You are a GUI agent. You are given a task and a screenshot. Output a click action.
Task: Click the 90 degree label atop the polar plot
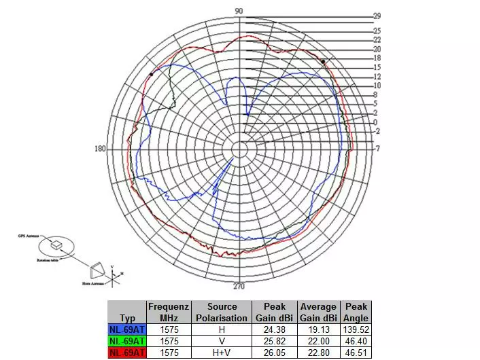[239, 11]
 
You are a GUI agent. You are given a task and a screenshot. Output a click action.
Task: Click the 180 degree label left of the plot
[101, 149]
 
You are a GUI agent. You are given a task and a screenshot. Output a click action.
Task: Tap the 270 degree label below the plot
[239, 286]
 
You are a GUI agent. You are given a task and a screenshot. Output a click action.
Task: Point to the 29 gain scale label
[377, 16]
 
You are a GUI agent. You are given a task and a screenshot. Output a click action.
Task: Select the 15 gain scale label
[377, 67]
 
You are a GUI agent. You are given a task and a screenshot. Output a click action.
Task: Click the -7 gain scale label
[377, 149]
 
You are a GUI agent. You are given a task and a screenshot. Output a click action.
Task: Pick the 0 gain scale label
[375, 122]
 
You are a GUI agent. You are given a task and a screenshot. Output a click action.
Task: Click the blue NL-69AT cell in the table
[126, 329]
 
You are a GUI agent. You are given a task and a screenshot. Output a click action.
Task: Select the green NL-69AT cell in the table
[126, 341]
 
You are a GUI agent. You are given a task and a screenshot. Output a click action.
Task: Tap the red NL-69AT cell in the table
[126, 353]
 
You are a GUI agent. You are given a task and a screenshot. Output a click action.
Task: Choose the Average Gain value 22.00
[318, 341]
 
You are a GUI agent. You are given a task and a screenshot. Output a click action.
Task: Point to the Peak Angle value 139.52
[356, 329]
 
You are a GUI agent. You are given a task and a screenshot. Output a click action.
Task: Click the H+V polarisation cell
[222, 353]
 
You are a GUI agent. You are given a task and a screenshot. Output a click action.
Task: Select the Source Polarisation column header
[222, 312]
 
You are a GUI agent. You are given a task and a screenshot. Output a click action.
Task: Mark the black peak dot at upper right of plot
[323, 61]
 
